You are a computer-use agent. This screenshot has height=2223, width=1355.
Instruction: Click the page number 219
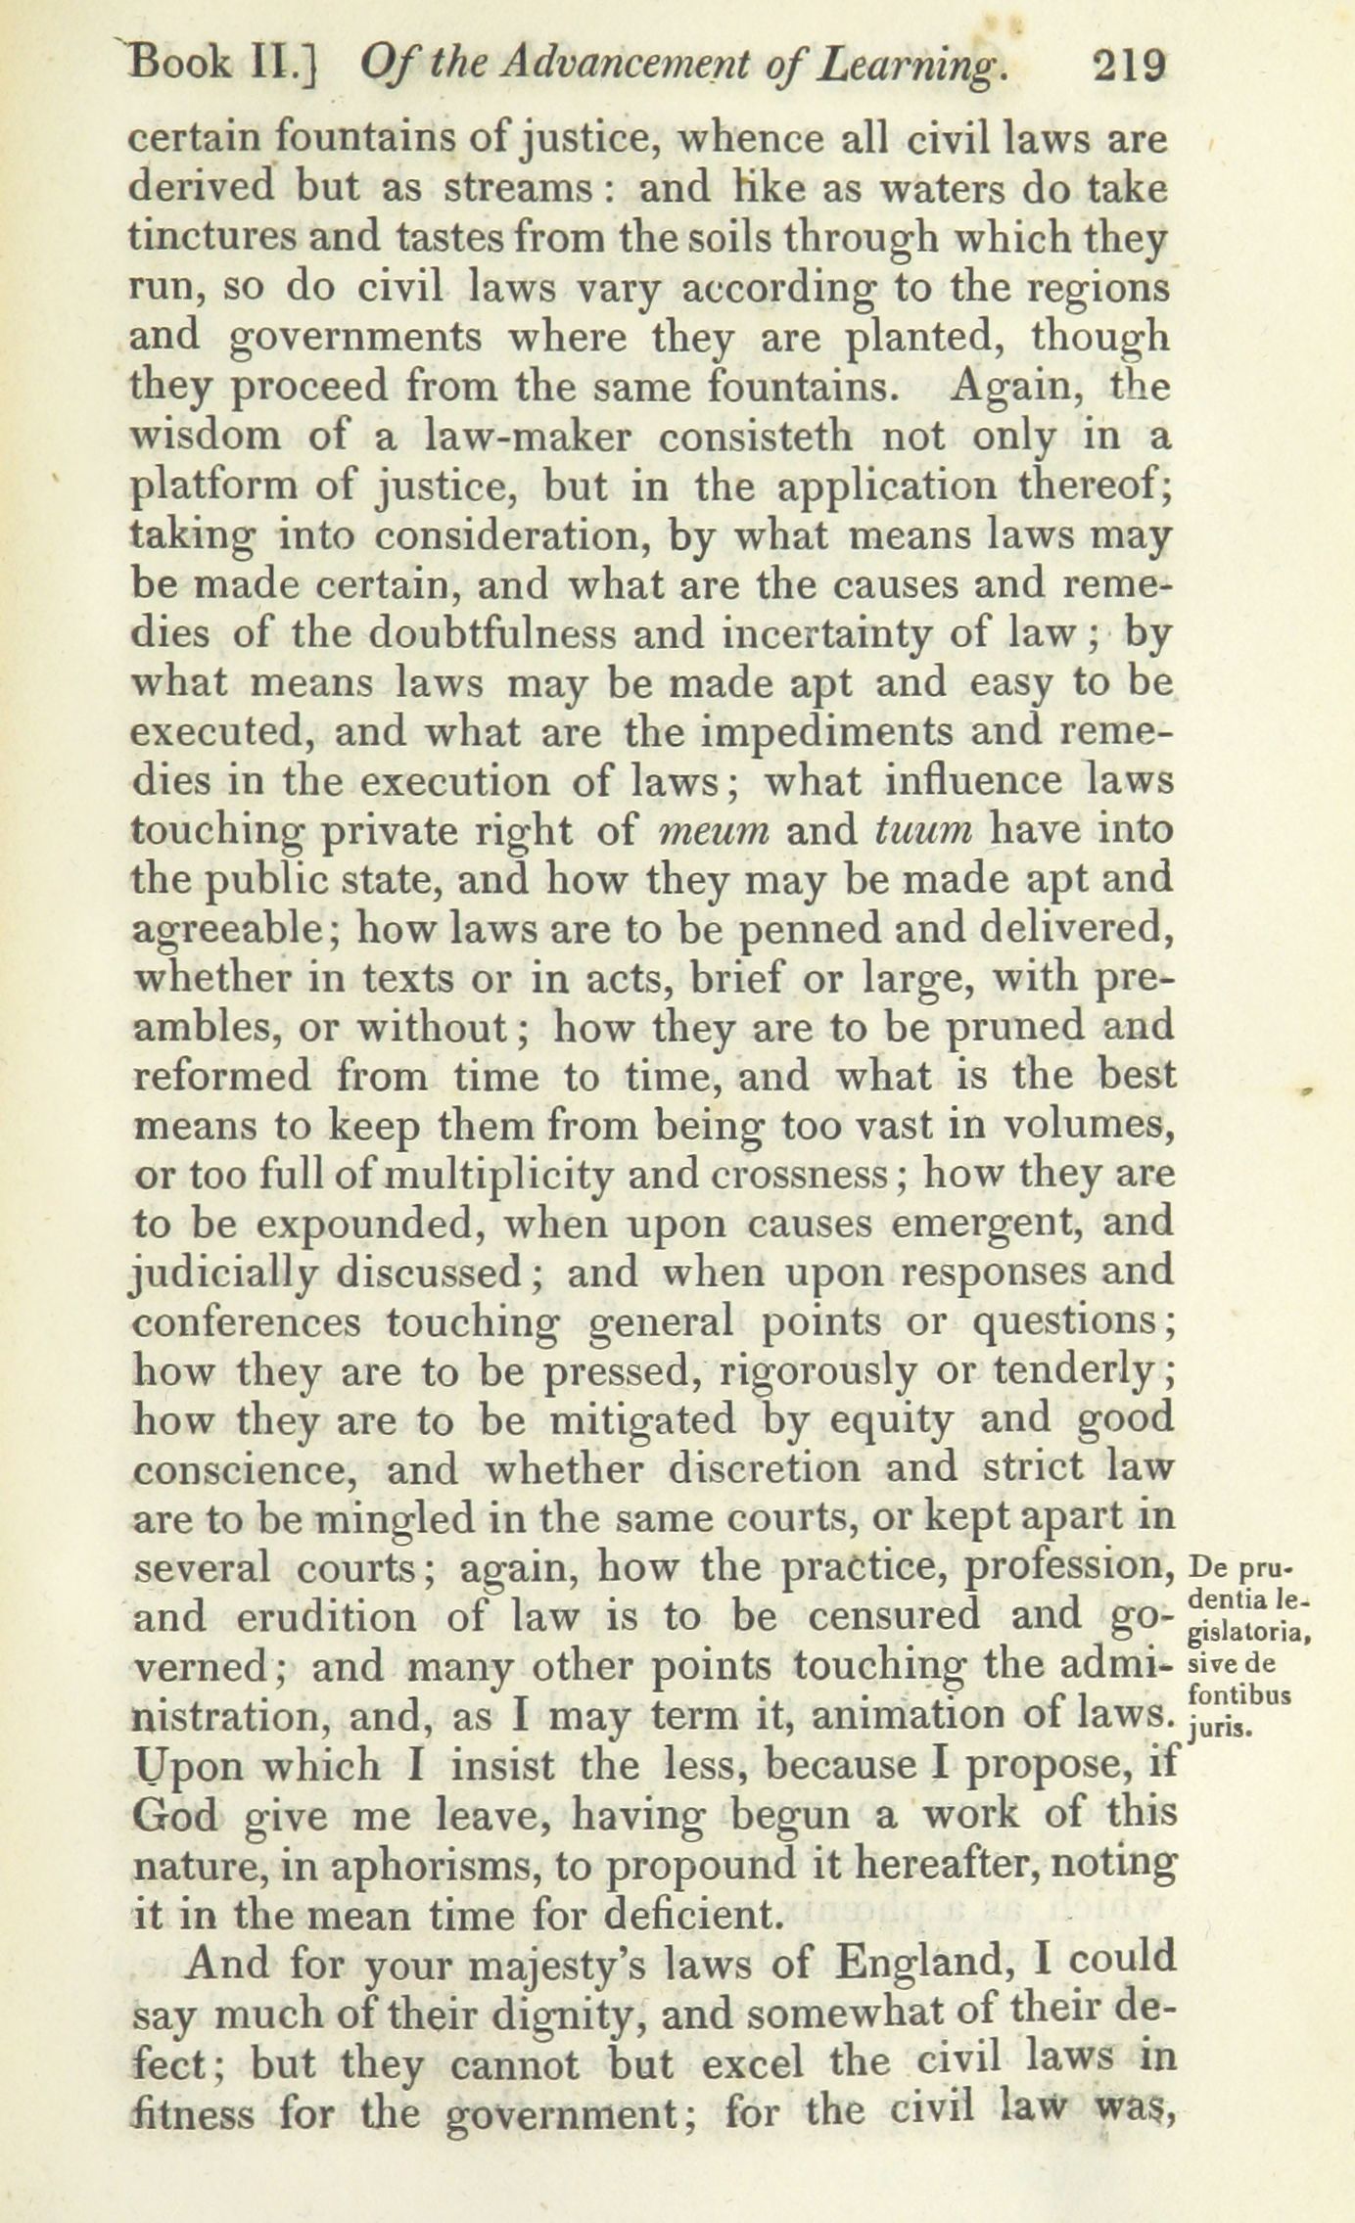pos(1129,69)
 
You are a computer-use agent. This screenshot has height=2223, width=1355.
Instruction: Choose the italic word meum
pos(712,832)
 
